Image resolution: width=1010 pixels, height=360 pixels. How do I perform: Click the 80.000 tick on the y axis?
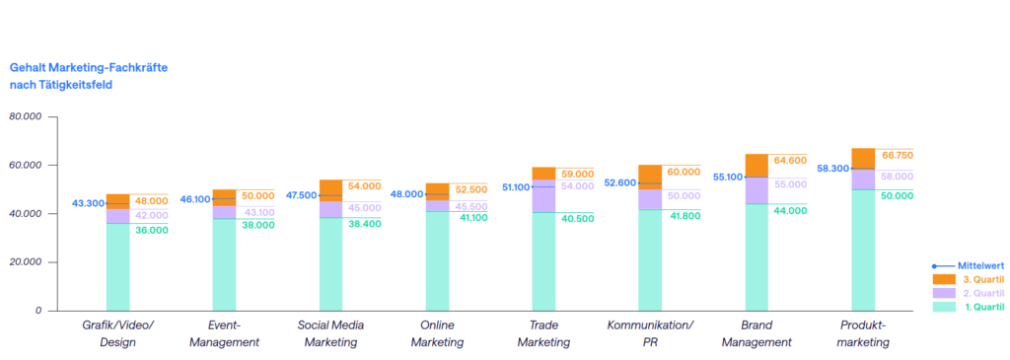point(25,116)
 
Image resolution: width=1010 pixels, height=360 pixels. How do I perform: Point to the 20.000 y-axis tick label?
point(25,262)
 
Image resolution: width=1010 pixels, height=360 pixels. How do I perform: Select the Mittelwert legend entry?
point(967,266)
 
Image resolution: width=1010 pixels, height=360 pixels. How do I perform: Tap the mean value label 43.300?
point(87,203)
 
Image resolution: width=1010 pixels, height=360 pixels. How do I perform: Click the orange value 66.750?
point(897,155)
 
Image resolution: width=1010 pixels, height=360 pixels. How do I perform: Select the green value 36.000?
point(151,230)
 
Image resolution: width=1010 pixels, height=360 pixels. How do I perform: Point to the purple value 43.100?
point(257,213)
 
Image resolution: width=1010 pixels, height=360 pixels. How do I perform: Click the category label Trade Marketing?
point(543,333)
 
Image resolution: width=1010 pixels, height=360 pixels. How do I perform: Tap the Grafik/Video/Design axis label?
point(118,333)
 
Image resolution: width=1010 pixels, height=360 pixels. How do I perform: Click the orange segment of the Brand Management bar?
point(757,166)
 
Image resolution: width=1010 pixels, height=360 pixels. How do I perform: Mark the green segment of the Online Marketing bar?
point(437,260)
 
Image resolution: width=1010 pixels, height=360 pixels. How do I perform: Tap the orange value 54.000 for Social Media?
point(364,185)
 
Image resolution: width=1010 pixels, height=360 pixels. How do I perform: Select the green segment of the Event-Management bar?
point(224,264)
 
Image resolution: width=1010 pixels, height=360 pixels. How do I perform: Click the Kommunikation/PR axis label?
point(650,333)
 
